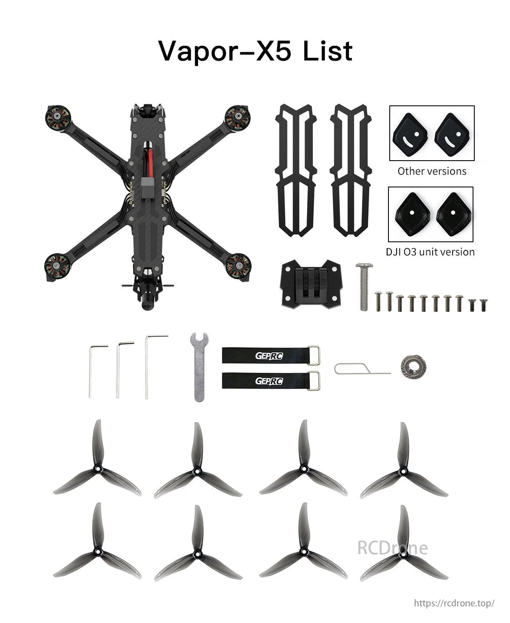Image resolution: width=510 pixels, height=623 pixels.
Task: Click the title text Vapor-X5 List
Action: tap(255, 51)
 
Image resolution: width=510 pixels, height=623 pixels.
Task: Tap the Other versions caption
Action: tap(431, 171)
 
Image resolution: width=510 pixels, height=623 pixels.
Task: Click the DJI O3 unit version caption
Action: tap(430, 252)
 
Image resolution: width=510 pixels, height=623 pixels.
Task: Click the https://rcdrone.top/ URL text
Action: tap(454, 603)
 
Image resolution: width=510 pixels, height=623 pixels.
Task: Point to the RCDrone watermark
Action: tap(392, 547)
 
